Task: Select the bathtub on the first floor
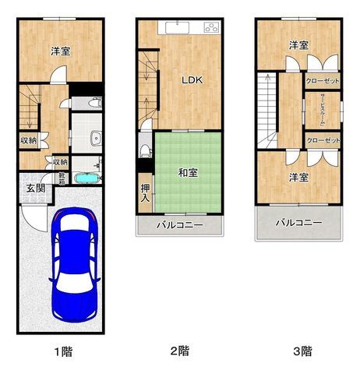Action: [x=86, y=178]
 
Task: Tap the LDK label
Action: [x=192, y=79]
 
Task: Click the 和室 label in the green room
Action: [x=187, y=172]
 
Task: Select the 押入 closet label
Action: [x=145, y=192]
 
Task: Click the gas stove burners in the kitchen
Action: [x=211, y=29]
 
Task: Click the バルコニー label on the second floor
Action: [x=180, y=226]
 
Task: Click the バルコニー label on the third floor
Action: [x=298, y=223]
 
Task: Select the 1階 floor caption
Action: [x=62, y=351]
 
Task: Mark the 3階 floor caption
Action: [x=302, y=351]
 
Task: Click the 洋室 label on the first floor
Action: [x=61, y=51]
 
